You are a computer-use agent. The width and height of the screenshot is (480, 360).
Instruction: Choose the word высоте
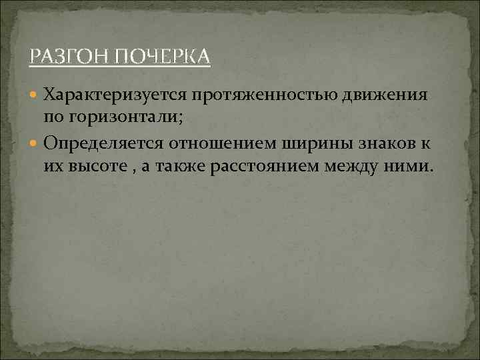pyautogui.click(x=99, y=165)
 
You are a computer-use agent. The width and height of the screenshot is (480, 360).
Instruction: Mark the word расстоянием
pyautogui.click(x=268, y=165)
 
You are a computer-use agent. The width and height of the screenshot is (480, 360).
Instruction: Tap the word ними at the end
pyautogui.click(x=410, y=165)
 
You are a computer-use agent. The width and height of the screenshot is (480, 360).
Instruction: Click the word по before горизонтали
pyautogui.click(x=54, y=117)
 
